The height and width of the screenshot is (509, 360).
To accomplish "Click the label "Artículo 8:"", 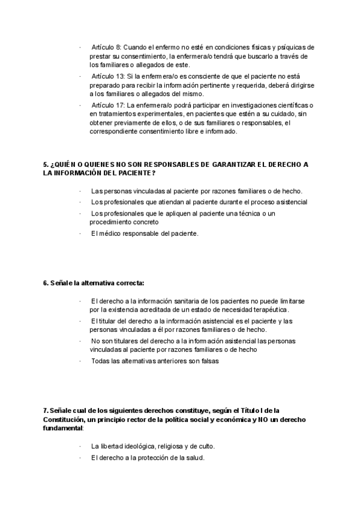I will pos(106,47).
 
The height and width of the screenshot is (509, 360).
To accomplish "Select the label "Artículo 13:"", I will pos(108,77).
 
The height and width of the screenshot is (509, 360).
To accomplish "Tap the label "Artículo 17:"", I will pos(108,106).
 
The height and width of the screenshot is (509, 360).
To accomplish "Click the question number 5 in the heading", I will pos(46,164).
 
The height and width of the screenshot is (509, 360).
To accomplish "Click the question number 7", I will pos(46,411).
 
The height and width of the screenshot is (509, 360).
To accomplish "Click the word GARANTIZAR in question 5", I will pos(235,164).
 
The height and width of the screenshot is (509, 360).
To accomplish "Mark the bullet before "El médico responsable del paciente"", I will pos(80,233).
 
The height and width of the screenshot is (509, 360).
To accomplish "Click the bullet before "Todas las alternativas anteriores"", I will pos(80,361).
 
